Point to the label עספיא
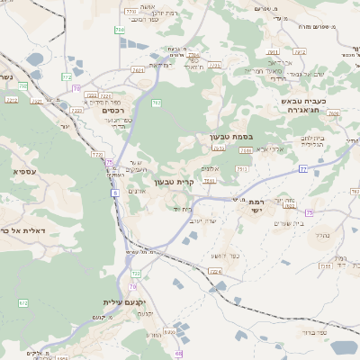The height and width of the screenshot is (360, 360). [24, 169]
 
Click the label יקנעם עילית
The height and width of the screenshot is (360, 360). [125, 302]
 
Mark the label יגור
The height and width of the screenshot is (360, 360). [65, 125]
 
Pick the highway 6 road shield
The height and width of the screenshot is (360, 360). [115, 193]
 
